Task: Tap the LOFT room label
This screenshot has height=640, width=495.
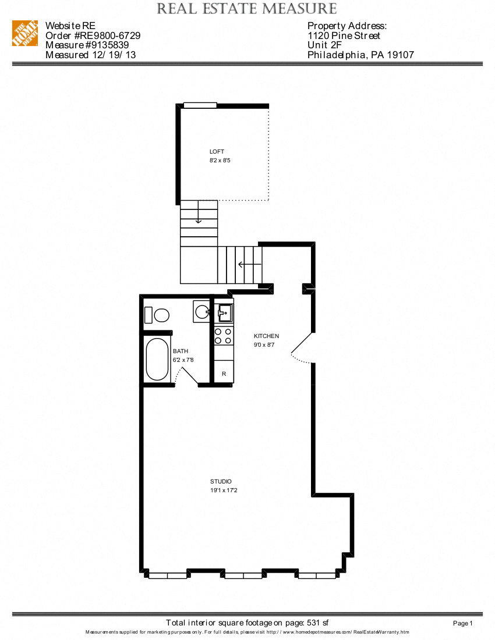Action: click(217, 151)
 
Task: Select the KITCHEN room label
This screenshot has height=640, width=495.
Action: click(266, 336)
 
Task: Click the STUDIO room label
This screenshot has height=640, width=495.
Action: click(221, 482)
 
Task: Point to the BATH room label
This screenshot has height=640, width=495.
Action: click(181, 351)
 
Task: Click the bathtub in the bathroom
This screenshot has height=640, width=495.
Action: click(157, 359)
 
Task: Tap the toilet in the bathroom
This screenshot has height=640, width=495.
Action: click(157, 315)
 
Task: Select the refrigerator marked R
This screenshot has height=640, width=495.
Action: click(224, 373)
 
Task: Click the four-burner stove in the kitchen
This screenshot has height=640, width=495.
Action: click(224, 336)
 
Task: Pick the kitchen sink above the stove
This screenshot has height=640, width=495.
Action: click(224, 313)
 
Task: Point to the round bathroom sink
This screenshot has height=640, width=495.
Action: click(201, 312)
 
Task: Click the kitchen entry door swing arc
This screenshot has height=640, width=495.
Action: click(300, 353)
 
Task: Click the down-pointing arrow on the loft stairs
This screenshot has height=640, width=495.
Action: click(199, 218)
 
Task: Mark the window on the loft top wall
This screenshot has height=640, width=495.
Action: click(200, 105)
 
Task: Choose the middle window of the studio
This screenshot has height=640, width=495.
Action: click(243, 575)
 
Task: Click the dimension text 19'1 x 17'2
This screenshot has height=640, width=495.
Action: click(224, 491)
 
